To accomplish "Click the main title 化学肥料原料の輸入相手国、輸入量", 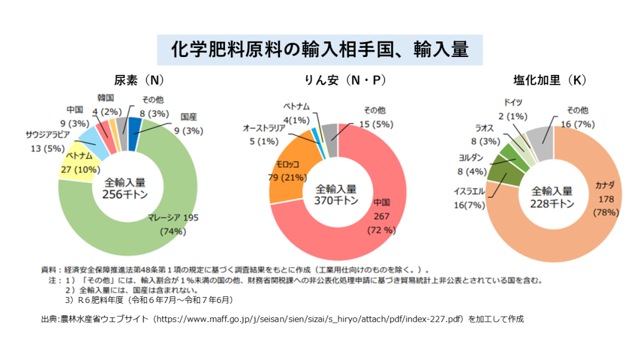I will pyautogui.click(x=320, y=49).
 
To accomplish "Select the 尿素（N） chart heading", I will pyautogui.click(x=139, y=80).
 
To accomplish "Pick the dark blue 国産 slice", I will pyautogui.click(x=135, y=126).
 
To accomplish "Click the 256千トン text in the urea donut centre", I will pyautogui.click(x=125, y=195).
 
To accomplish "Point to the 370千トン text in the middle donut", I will pyautogui.click(x=336, y=201).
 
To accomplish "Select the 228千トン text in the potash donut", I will pyautogui.click(x=552, y=203).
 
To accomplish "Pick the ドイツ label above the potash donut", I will pyautogui.click(x=513, y=102).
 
